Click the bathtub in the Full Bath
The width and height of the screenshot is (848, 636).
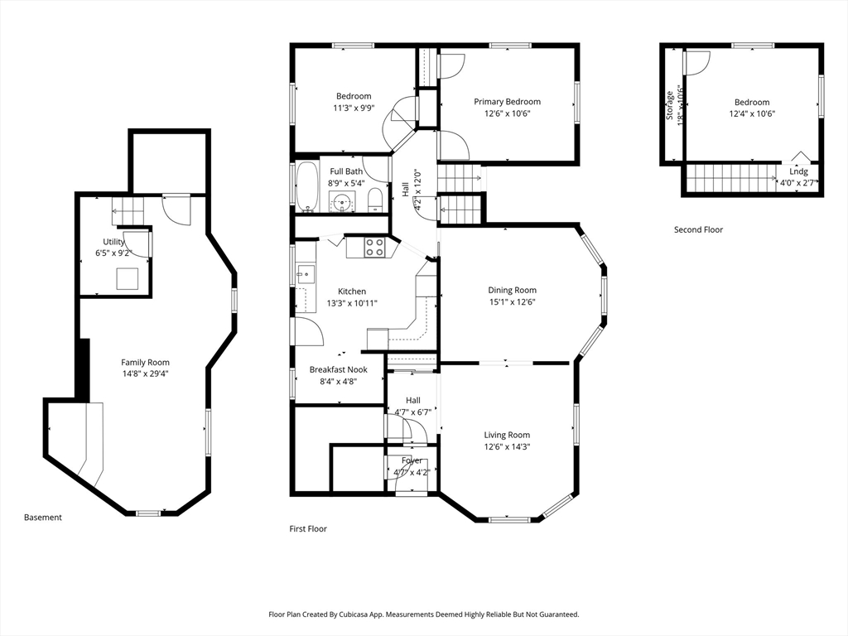pyautogui.click(x=308, y=187)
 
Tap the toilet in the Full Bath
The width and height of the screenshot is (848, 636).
pyautogui.click(x=375, y=200)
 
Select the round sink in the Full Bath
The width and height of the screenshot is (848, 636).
pyautogui.click(x=341, y=204)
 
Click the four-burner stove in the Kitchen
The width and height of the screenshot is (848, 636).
pyautogui.click(x=373, y=247)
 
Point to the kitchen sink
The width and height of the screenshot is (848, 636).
pyautogui.click(x=305, y=275)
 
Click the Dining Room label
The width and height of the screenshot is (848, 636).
pyautogui.click(x=512, y=291)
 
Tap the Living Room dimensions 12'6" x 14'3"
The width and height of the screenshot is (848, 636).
pyautogui.click(x=507, y=446)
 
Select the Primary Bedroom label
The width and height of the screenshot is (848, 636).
pyautogui.click(x=508, y=102)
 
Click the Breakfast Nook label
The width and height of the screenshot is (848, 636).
pyautogui.click(x=338, y=370)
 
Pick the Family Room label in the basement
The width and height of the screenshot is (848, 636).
pyautogui.click(x=145, y=363)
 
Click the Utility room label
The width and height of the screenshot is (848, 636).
pyautogui.click(x=114, y=242)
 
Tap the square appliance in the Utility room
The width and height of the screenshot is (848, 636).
pyautogui.click(x=128, y=278)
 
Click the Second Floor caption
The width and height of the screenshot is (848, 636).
pyautogui.click(x=698, y=230)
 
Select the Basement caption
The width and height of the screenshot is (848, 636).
pyautogui.click(x=43, y=518)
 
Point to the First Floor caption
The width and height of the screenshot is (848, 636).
pyautogui.click(x=308, y=529)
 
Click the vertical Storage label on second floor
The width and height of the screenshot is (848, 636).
pyautogui.click(x=669, y=105)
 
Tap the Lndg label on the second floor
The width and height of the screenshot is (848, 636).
pyautogui.click(x=798, y=171)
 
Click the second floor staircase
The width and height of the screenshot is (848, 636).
pyautogui.click(x=730, y=179)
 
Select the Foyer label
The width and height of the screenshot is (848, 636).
pyautogui.click(x=412, y=460)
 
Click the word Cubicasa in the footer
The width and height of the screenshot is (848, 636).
pyautogui.click(x=354, y=614)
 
